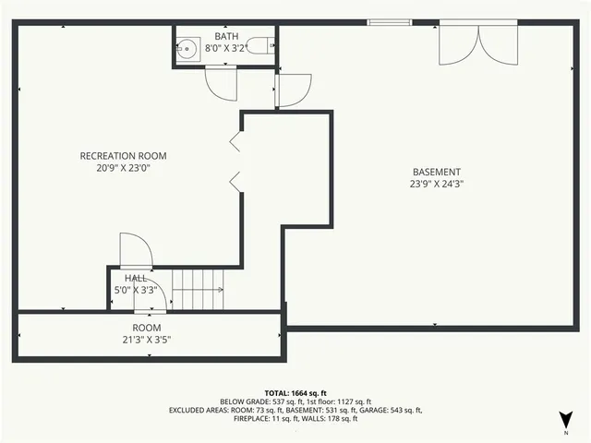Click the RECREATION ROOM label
[123, 156]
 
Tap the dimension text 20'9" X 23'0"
[123, 169]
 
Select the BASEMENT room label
[437, 172]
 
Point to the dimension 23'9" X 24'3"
[437, 184]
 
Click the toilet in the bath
[262, 44]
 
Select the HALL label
[136, 278]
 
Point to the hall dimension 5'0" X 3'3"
[136, 290]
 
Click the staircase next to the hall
[198, 289]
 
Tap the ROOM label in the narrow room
[147, 328]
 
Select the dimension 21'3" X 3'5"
[147, 340]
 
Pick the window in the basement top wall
[388, 22]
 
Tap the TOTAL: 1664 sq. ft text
[295, 393]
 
